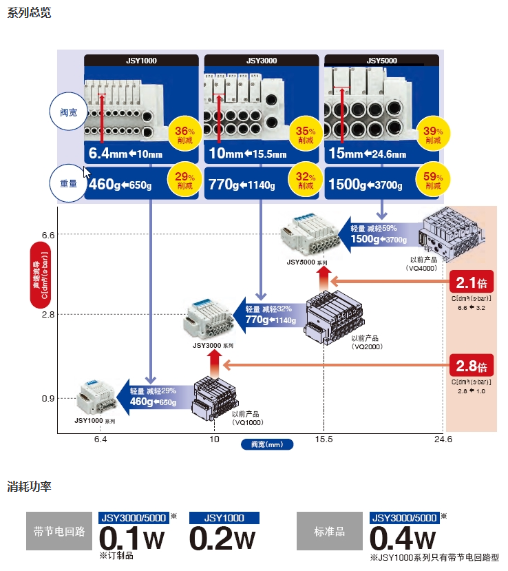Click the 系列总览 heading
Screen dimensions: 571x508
coord(29,12)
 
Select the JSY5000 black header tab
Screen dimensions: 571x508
coord(381,60)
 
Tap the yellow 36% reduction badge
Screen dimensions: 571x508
coord(184,133)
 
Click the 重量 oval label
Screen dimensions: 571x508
coord(68,184)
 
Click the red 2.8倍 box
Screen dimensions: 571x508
coord(472,365)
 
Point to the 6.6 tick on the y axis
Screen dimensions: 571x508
coord(47,235)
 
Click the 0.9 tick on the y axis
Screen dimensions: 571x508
coord(47,398)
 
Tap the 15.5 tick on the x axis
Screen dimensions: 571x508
coord(324,439)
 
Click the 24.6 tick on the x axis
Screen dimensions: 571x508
coord(443,439)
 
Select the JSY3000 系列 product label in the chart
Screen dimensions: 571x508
coord(213,344)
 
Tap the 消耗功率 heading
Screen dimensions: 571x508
coord(29,486)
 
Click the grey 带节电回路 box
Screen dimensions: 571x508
coord(59,532)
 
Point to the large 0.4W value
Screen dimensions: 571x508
coord(403,538)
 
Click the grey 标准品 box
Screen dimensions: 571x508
coord(329,532)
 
